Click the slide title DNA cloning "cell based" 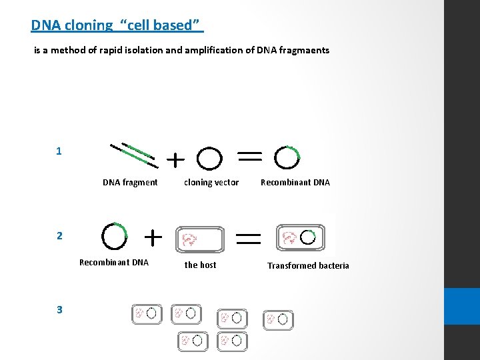click(x=117, y=25)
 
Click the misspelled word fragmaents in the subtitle click(x=303, y=50)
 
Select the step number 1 click(x=59, y=151)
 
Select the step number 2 click(x=59, y=235)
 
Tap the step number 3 click(x=59, y=309)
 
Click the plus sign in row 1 click(x=175, y=160)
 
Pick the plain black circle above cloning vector click(x=210, y=159)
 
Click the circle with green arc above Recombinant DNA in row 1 click(x=288, y=157)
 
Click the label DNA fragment click(x=130, y=183)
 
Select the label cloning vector click(x=211, y=183)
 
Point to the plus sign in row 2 click(x=153, y=237)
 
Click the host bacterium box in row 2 click(x=200, y=239)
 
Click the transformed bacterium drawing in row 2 click(x=300, y=237)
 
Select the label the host click(x=200, y=265)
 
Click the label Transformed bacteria click(x=308, y=266)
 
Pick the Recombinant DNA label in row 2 click(x=114, y=263)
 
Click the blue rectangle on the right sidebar click(x=462, y=306)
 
